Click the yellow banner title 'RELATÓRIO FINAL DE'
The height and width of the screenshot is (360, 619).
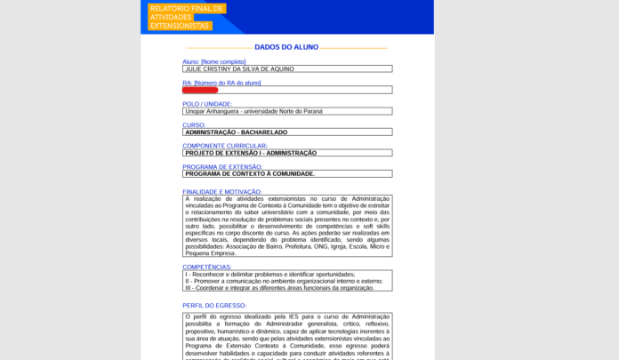point(186,9)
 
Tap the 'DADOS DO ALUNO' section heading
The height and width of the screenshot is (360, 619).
point(286,47)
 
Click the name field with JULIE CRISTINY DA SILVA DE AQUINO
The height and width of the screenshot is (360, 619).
point(286,68)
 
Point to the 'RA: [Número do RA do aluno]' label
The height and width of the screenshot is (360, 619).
point(221,83)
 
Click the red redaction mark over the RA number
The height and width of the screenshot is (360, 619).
point(200,90)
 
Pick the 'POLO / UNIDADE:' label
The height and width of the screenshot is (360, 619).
point(207,104)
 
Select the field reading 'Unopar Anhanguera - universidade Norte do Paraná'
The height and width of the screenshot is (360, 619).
point(286,111)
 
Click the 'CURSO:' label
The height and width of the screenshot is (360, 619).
point(194,125)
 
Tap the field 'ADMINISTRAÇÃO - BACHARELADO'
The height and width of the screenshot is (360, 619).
point(286,132)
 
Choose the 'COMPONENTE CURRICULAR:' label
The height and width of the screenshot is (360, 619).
point(225,146)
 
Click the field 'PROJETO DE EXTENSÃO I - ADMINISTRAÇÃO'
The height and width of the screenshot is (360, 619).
point(286,153)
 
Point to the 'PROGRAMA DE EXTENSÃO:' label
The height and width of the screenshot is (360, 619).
point(222,167)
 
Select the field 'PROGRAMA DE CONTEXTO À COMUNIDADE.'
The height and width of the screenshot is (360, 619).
point(286,174)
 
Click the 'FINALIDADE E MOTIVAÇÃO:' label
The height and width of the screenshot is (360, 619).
point(222,191)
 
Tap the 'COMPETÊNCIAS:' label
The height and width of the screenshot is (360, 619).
point(207,267)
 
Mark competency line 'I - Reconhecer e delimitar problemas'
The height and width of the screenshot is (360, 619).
point(269,275)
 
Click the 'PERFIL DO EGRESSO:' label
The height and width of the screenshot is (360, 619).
point(214,306)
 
